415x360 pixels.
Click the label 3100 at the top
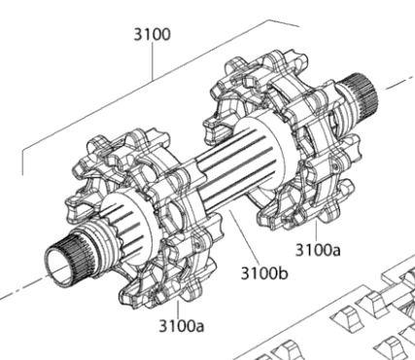click(x=152, y=34)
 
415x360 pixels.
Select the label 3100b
click(x=264, y=273)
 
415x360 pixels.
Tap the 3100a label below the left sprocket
click(x=182, y=326)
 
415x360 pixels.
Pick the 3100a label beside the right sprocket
click(x=318, y=250)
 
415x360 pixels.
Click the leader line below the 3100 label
click(x=153, y=61)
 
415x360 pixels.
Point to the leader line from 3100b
click(x=244, y=236)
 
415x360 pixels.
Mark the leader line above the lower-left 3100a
click(x=178, y=309)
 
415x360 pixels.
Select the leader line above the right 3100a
click(x=316, y=231)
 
